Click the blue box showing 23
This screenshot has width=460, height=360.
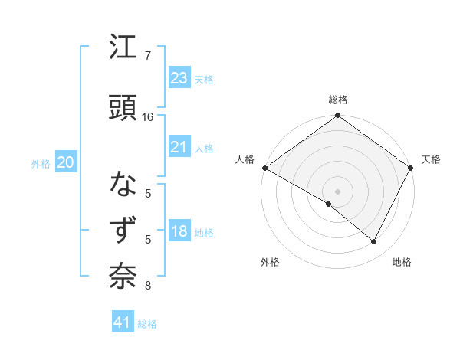(x=179, y=77)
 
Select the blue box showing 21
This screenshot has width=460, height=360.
(x=179, y=147)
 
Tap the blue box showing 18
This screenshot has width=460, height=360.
(x=179, y=232)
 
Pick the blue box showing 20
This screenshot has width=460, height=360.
(x=66, y=162)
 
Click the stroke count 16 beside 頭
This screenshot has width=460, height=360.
(x=148, y=117)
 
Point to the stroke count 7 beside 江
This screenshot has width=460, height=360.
(x=147, y=56)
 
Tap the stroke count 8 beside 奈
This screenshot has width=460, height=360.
(x=147, y=286)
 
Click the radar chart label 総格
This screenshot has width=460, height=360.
(x=337, y=100)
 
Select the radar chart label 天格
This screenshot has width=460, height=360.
(x=431, y=159)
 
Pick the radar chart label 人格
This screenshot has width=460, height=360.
(x=245, y=159)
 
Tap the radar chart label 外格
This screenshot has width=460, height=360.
(x=270, y=262)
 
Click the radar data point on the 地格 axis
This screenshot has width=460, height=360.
(x=374, y=242)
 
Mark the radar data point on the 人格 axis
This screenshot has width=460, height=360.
(x=264, y=168)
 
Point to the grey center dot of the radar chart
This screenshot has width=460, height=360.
(x=337, y=191)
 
